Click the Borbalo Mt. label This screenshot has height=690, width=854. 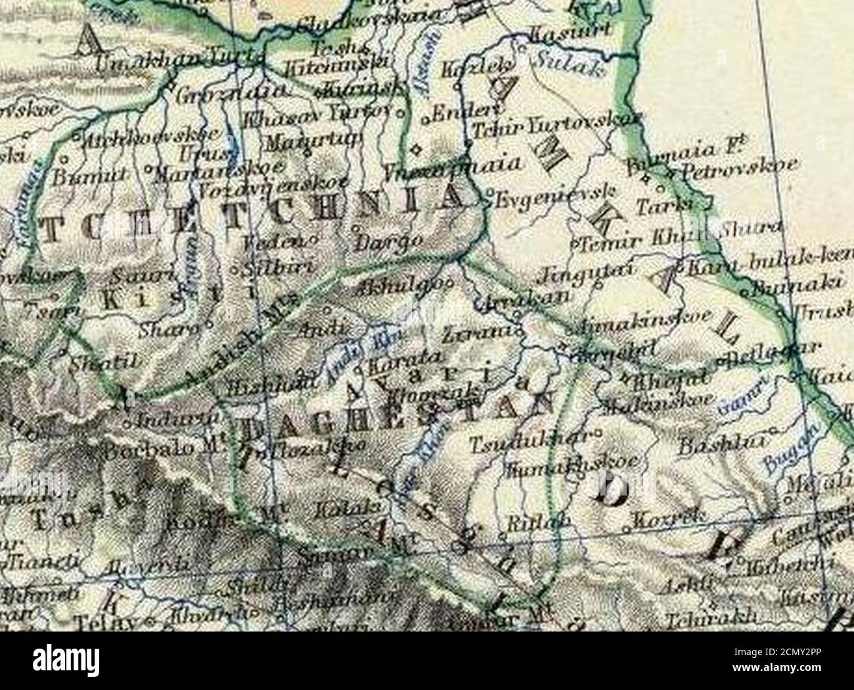(161, 449)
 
